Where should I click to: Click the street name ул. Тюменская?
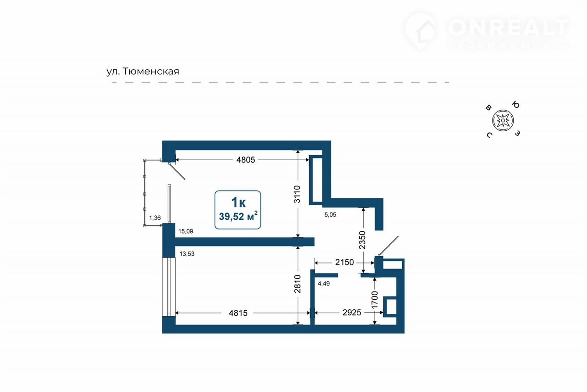click(143, 71)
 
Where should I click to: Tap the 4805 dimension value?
click(245, 160)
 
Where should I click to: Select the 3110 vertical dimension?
click(297, 194)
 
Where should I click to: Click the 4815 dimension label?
click(238, 313)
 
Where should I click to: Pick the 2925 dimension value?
click(352, 313)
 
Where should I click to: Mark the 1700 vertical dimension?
click(375, 300)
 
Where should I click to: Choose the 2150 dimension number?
click(344, 262)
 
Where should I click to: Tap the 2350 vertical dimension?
click(362, 240)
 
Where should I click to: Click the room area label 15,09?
click(186, 231)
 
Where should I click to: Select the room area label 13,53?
click(187, 254)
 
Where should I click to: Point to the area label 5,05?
click(330, 215)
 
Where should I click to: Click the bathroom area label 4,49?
click(324, 283)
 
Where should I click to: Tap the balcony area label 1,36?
click(155, 218)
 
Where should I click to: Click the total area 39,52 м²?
click(238, 216)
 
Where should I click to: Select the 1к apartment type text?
click(238, 202)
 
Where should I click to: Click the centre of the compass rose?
click(503, 120)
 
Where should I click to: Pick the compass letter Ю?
click(516, 105)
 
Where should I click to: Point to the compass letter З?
click(517, 133)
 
